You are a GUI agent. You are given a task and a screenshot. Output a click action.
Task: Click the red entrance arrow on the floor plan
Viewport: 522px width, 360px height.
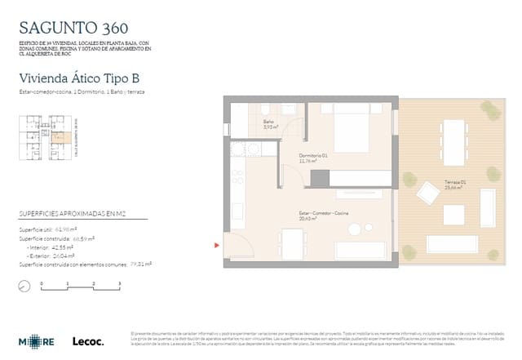[216, 243]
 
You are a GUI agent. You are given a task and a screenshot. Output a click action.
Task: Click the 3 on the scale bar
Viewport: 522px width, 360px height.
[120, 282]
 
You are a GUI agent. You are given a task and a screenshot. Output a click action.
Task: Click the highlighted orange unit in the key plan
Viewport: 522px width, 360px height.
[58, 138]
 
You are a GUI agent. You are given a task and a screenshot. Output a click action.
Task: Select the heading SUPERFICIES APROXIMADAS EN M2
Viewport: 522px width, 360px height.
[73, 216]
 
